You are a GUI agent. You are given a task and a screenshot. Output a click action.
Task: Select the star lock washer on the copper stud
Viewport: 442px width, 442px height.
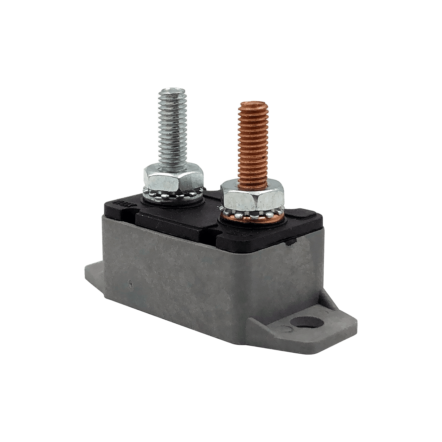(254, 211)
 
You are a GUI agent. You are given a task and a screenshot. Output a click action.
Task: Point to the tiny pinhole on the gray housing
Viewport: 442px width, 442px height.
(130, 283)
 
